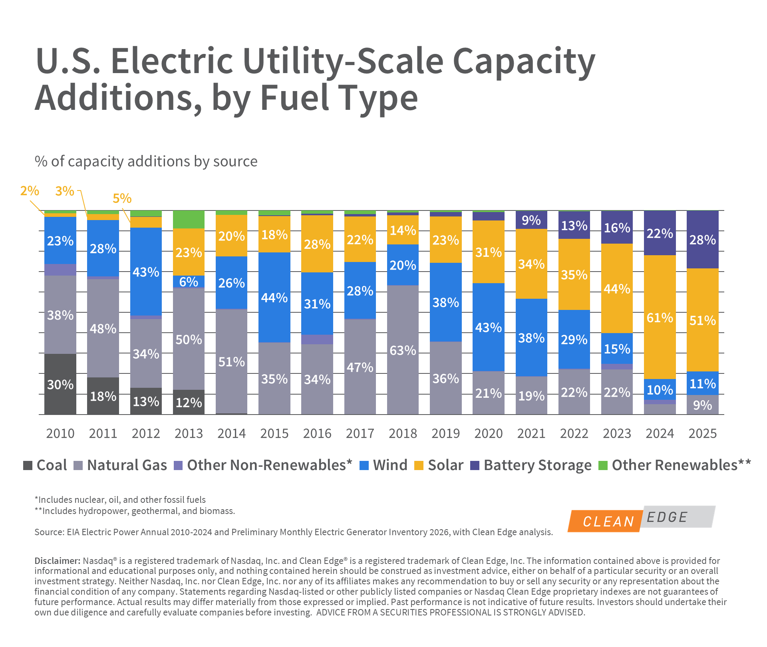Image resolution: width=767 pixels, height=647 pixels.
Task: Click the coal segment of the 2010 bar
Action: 60,384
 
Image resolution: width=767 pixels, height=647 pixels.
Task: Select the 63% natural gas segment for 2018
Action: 403,350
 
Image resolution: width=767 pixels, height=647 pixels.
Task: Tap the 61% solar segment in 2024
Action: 660,317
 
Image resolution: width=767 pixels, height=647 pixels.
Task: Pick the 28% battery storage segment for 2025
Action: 702,240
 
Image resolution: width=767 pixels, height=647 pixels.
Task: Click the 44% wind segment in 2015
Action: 274,297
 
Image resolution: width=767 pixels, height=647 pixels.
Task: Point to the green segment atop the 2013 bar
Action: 189,219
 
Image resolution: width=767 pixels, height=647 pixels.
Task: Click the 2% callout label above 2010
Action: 30,191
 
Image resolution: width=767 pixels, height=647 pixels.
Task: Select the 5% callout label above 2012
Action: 122,198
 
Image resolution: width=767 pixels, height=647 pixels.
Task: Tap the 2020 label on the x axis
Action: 488,433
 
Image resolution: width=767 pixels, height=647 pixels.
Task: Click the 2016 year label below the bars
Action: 317,433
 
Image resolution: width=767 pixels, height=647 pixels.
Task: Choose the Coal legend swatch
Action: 28,465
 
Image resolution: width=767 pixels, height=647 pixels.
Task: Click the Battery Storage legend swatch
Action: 475,465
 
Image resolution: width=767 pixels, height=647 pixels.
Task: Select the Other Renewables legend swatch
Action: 603,465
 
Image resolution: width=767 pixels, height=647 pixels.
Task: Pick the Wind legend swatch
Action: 364,465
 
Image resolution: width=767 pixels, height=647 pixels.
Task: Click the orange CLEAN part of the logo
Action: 605,521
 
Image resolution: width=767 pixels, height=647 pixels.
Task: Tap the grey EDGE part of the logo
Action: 675,517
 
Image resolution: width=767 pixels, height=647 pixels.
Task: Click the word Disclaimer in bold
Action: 58,561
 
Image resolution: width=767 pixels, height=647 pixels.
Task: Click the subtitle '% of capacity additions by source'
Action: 146,161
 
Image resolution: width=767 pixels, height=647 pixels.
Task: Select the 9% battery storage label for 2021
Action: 531,220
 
